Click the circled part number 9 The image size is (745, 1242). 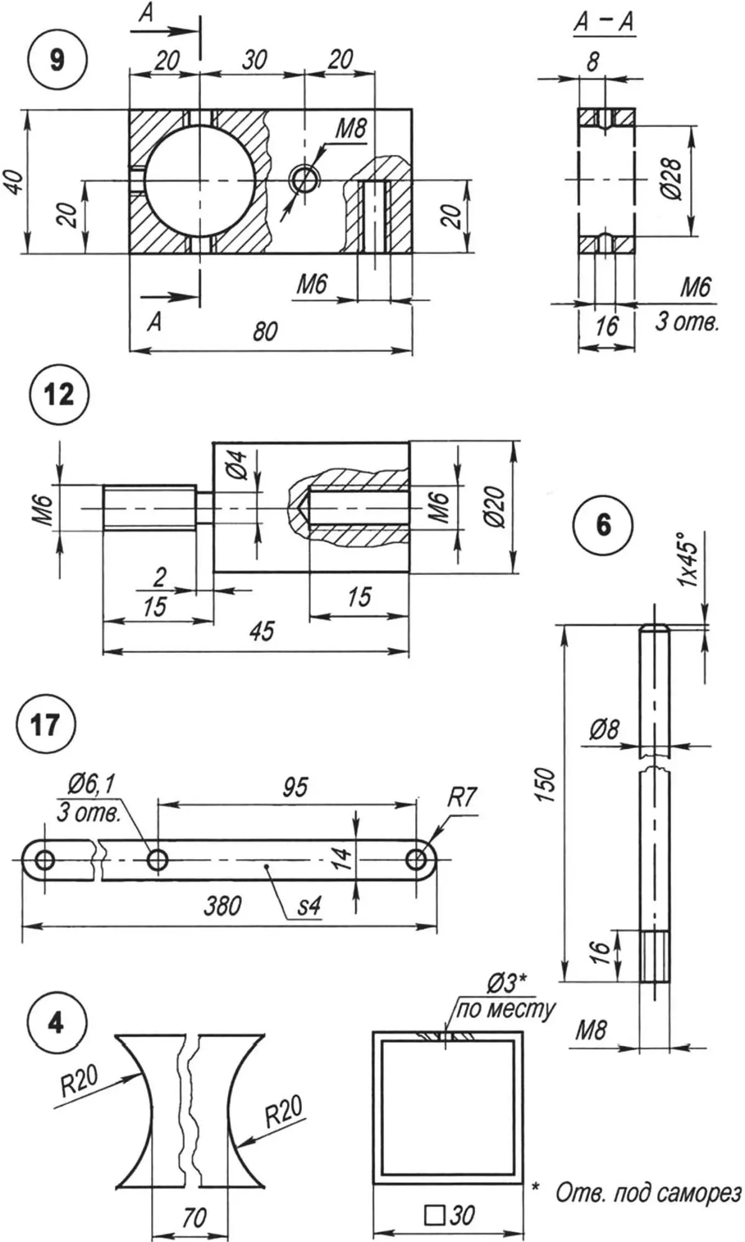coord(57,60)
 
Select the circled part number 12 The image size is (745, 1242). coord(59,395)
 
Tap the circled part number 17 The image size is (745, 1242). coord(45,725)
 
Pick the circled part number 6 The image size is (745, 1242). coord(603,525)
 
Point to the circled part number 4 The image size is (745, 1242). coord(55,1023)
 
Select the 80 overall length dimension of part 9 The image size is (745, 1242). coord(265,332)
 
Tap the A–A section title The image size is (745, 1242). coord(603,22)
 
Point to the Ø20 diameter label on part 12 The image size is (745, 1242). coord(496,507)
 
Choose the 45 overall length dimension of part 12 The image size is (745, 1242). coord(262,631)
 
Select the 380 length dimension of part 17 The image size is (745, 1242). coord(222,905)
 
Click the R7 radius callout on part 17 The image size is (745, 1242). coord(461,797)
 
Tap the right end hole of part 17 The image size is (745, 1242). coord(416,860)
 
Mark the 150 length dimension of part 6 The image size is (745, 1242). coord(544,785)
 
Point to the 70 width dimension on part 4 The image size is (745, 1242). coord(194,1217)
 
